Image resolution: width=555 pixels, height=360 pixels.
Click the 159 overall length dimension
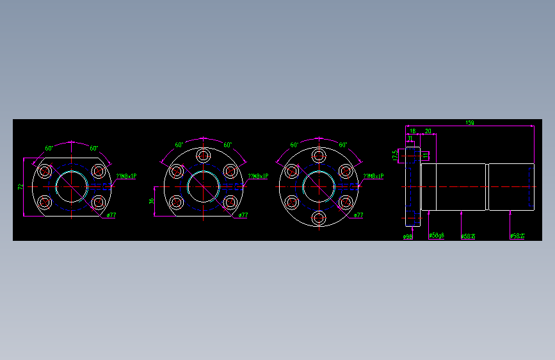click(x=470, y=122)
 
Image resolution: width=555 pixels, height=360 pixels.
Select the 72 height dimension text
click(x=20, y=186)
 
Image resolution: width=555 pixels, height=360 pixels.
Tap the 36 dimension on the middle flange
click(x=152, y=200)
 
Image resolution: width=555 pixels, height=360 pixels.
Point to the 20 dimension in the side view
click(x=428, y=131)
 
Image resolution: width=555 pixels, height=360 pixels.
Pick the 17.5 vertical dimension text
click(x=395, y=155)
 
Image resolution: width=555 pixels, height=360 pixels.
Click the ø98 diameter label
click(x=407, y=236)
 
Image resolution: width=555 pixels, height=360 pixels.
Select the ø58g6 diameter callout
click(x=436, y=236)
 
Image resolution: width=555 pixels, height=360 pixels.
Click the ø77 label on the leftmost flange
click(x=111, y=215)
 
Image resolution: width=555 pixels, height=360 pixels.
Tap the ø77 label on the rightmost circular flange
click(x=359, y=215)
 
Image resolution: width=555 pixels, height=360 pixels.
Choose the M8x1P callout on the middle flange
click(x=257, y=176)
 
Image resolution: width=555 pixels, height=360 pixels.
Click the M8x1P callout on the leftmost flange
click(x=125, y=176)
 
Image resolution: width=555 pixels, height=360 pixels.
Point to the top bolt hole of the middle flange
click(x=204, y=155)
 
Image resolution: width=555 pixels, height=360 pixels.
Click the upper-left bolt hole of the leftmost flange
click(x=45, y=171)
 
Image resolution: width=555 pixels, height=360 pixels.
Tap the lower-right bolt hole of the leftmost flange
click(x=98, y=202)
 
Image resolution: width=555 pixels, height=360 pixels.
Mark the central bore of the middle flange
click(x=204, y=186)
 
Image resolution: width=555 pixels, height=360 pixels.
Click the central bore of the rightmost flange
click(x=319, y=186)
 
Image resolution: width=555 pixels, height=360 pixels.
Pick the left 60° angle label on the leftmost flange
click(x=49, y=148)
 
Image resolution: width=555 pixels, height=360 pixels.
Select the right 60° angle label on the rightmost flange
click(x=342, y=145)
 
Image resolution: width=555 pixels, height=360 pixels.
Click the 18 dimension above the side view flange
click(x=412, y=131)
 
